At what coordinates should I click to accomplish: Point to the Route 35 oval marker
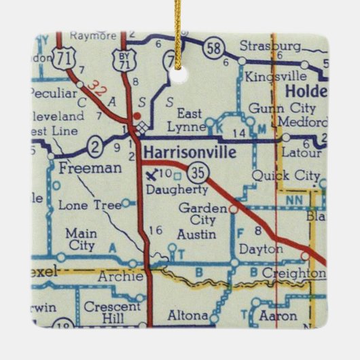point(198,168)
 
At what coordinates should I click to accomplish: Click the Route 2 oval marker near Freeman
point(97,144)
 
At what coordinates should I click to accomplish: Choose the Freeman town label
point(81,166)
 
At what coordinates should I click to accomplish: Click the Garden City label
point(199,214)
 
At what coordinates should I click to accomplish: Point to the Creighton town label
point(291,272)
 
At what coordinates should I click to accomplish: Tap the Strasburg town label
point(270,46)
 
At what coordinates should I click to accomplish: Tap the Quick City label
point(285,176)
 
